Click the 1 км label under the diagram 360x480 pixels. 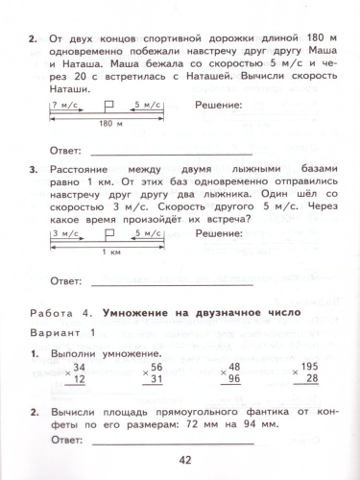pos(111,279)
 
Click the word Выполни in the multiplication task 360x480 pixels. pos(74,352)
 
